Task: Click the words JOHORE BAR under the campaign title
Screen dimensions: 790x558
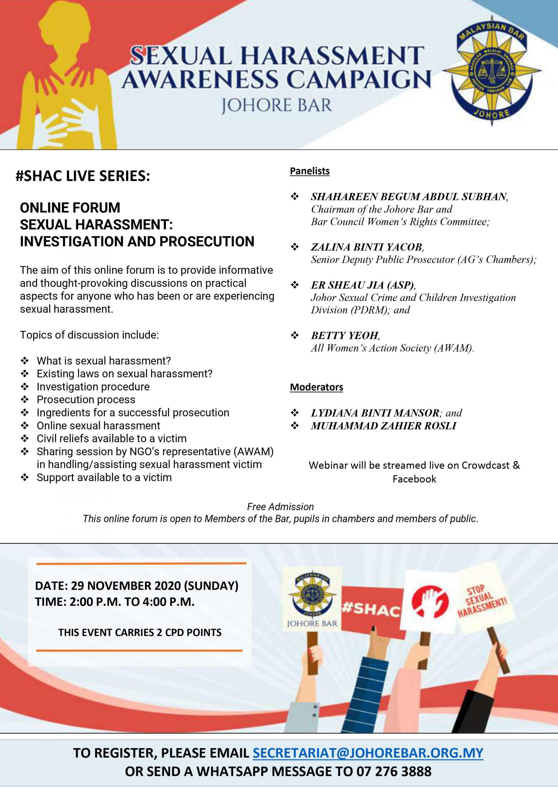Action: click(276, 105)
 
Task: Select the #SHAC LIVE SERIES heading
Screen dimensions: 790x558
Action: click(83, 176)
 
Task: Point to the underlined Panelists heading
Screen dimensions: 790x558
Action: click(310, 171)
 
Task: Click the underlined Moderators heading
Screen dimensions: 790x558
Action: click(316, 387)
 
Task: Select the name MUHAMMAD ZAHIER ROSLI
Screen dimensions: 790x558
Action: click(383, 426)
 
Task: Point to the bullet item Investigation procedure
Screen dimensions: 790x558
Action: click(93, 387)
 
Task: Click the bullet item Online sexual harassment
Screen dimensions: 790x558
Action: click(98, 426)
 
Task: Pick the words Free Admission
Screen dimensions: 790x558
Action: click(280, 506)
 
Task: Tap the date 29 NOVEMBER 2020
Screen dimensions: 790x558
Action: click(126, 585)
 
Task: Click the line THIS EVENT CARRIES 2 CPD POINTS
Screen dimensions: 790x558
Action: click(140, 632)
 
